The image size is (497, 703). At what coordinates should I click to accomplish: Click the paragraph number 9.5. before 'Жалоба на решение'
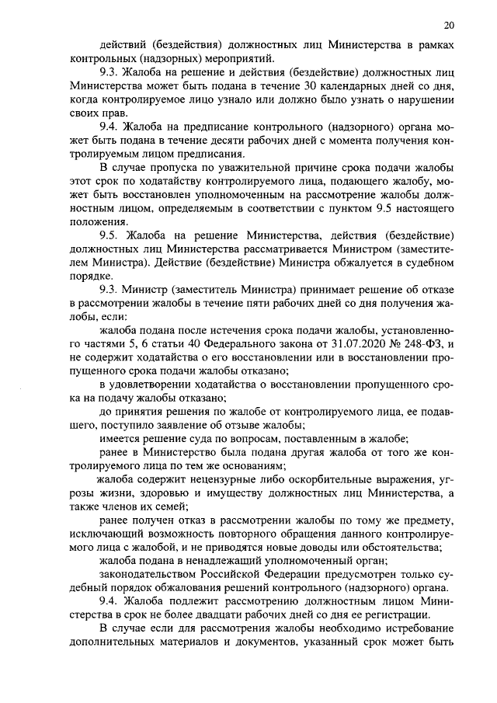[108, 235]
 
